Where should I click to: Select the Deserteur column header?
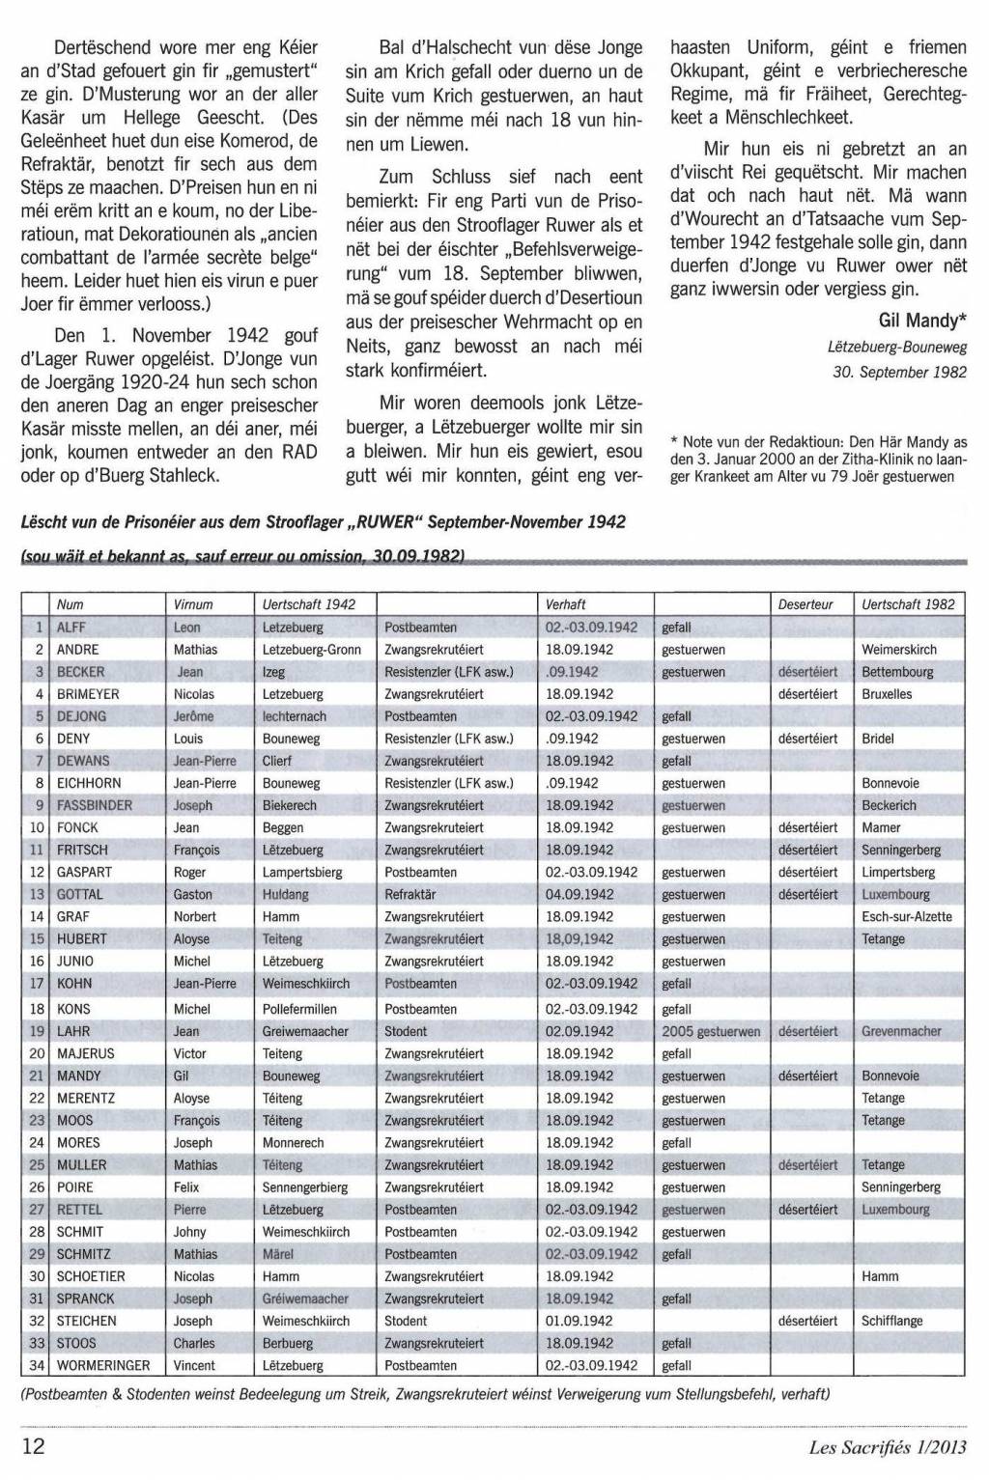click(x=805, y=604)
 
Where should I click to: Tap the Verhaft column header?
click(x=566, y=604)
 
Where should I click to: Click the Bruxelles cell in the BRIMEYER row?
click(x=887, y=694)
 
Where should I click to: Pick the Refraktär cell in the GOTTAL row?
click(x=410, y=894)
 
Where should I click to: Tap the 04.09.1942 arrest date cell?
click(x=579, y=894)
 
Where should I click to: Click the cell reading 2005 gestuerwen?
click(x=711, y=1031)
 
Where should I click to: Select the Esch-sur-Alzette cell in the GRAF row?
click(x=907, y=916)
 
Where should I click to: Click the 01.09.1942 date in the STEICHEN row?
click(x=579, y=1321)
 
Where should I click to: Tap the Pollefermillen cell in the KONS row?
click(x=306, y=1009)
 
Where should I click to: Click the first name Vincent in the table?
click(x=194, y=1365)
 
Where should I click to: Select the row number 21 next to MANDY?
click(x=38, y=1075)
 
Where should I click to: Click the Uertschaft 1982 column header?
click(x=908, y=604)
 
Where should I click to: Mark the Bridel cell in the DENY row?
click(x=878, y=739)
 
